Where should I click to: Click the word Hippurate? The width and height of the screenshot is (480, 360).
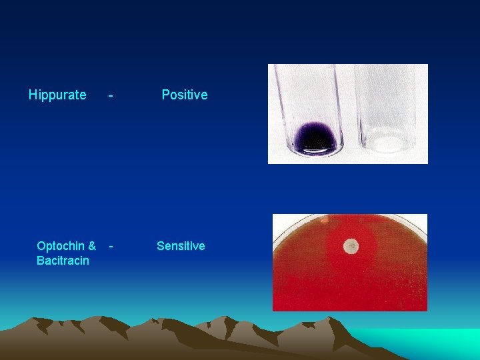(57, 95)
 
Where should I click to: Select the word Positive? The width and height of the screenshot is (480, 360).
(185, 95)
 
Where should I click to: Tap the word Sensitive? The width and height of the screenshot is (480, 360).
(181, 246)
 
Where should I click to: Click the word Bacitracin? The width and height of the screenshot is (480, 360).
(63, 261)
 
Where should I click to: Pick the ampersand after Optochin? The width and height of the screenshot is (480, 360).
(91, 246)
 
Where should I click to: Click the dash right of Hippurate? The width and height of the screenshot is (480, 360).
(111, 95)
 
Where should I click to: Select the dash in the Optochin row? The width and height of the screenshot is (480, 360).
(111, 245)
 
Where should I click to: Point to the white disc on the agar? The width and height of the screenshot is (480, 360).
(351, 247)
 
